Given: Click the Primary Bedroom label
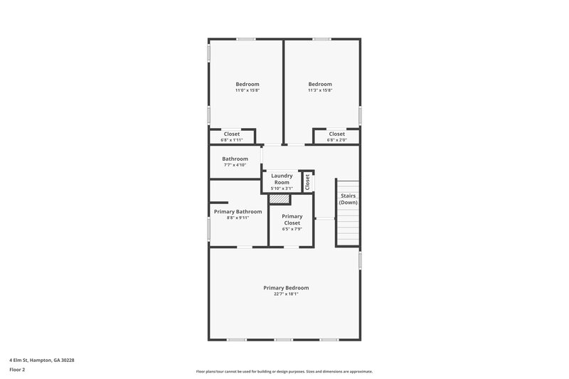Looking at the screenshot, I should [286, 287].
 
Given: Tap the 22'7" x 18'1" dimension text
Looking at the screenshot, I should [286, 294].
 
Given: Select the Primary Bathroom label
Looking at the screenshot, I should [238, 211].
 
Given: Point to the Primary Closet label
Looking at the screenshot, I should [292, 219].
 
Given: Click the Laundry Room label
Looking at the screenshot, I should [282, 179].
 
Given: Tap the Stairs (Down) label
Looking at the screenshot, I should [348, 199].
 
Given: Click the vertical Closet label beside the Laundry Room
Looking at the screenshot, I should [307, 181].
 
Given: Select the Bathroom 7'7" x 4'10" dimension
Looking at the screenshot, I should [235, 165].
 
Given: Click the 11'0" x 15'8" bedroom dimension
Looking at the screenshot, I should [248, 90].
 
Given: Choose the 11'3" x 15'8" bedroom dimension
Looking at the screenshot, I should [320, 90].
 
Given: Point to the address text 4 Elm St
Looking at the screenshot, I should [41, 360].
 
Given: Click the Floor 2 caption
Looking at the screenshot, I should [17, 370].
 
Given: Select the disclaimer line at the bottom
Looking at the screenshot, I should [284, 371].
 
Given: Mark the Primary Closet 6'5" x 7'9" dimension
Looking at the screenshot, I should [292, 229].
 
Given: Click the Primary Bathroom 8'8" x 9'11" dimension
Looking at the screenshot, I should [238, 218].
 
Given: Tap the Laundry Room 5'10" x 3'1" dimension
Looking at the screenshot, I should [282, 188].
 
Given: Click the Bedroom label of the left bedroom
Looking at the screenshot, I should [248, 84].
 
